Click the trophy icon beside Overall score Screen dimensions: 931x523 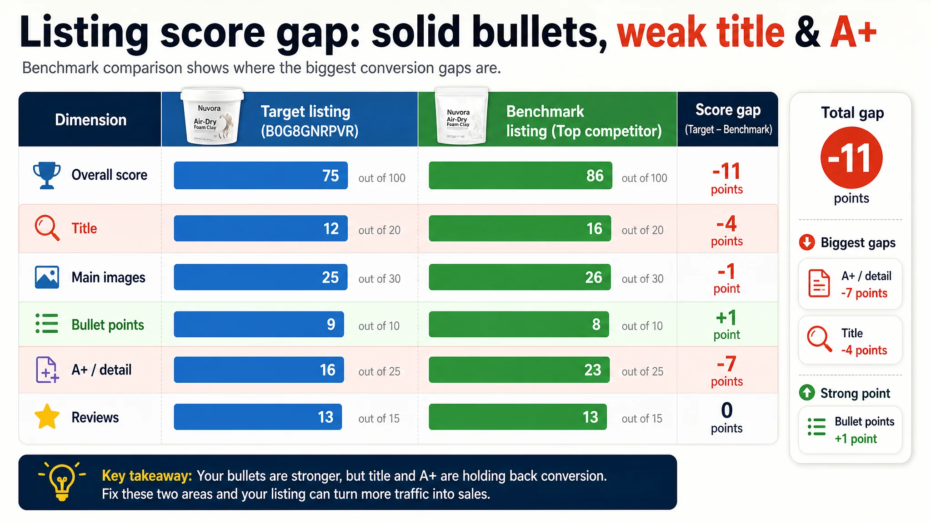pyautogui.click(x=47, y=175)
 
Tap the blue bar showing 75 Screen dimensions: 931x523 pyautogui.click(x=260, y=175)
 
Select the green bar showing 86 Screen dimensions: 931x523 pyautogui.click(x=521, y=175)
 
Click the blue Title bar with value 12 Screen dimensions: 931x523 pyautogui.click(x=260, y=228)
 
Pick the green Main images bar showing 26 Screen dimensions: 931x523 pyautogui.click(x=520, y=277)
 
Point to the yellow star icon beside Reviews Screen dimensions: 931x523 pyautogui.click(x=47, y=417)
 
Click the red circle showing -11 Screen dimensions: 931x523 pyautogui.click(x=851, y=158)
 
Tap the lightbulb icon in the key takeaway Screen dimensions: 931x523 pyautogui.click(x=62, y=482)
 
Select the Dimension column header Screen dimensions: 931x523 pyautogui.click(x=90, y=120)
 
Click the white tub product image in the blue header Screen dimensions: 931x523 pyautogui.click(x=212, y=116)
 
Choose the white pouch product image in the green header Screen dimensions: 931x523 pyautogui.click(x=461, y=116)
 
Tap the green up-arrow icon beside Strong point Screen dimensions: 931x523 pyautogui.click(x=807, y=393)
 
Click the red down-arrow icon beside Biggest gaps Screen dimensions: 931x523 pyautogui.click(x=807, y=242)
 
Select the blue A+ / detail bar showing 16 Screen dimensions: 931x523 pyautogui.click(x=259, y=370)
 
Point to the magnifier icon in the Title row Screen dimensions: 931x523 pyautogui.click(x=47, y=228)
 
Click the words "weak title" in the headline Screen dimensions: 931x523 pyautogui.click(x=701, y=32)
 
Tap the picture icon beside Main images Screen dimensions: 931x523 pyautogui.click(x=47, y=277)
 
